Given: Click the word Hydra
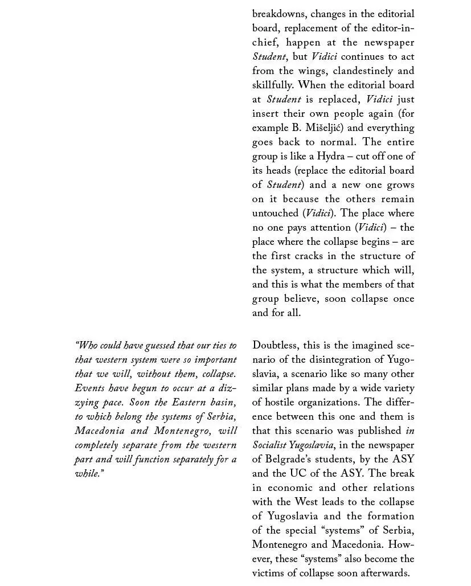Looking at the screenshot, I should pyautogui.click(x=331, y=156).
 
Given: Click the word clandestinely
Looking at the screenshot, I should pyautogui.click(x=363, y=71).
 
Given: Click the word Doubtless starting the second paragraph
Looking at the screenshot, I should pyautogui.click(x=276, y=345).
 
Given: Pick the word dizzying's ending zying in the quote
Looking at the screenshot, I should pyautogui.click(x=87, y=402).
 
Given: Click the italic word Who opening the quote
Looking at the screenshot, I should pyautogui.click(x=87, y=345).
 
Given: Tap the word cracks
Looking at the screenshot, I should pyautogui.click(x=310, y=256).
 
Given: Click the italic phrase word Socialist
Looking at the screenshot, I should pyautogui.click(x=270, y=445).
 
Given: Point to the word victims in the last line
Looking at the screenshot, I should pyautogui.click(x=271, y=573).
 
